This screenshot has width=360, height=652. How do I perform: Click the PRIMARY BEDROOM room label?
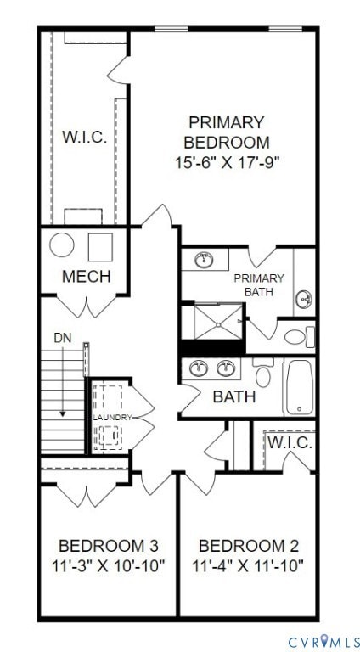click(x=227, y=132)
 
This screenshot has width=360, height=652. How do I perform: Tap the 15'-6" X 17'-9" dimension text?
click(x=227, y=160)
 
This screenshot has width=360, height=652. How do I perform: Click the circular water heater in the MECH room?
click(x=62, y=245)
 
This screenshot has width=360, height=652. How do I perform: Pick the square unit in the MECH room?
click(x=100, y=245)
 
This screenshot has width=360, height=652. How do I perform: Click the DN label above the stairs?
click(x=63, y=339)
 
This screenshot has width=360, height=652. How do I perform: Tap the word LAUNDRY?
click(x=113, y=418)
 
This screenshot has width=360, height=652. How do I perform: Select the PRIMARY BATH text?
click(x=259, y=285)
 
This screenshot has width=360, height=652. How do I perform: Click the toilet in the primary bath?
click(x=297, y=336)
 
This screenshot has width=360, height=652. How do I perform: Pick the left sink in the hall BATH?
click(x=201, y=368)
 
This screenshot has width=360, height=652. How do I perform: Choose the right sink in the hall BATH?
click(x=227, y=368)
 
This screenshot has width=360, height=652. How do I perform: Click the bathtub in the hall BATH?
click(x=299, y=388)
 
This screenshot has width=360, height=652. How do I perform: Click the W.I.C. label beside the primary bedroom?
click(x=84, y=138)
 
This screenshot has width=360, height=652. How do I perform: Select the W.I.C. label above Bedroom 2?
click(x=290, y=444)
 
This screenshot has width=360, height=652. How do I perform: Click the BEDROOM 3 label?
click(x=108, y=545)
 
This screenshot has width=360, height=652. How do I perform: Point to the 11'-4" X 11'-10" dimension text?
click(x=247, y=565)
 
